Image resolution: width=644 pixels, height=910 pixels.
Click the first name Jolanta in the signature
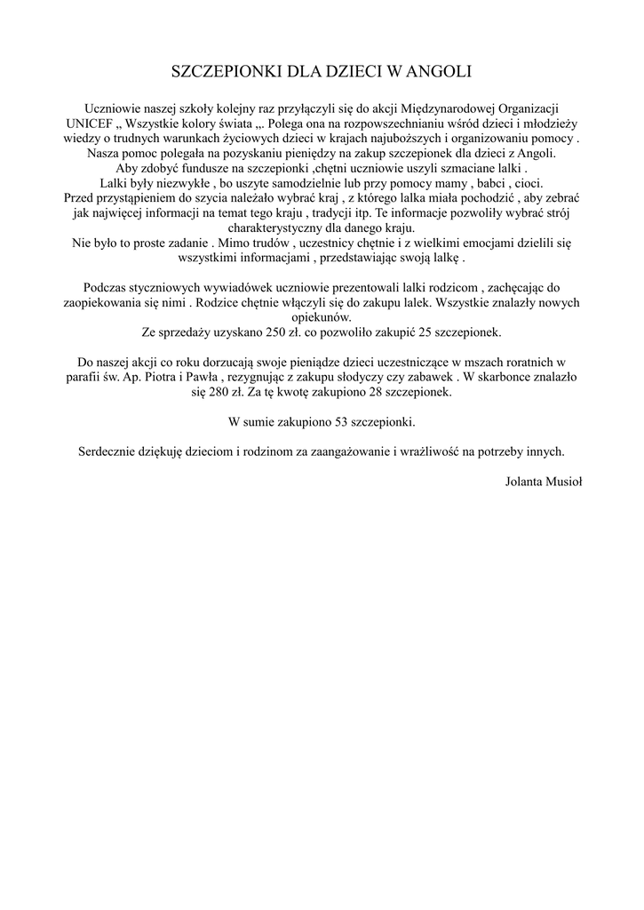tap(523, 481)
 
